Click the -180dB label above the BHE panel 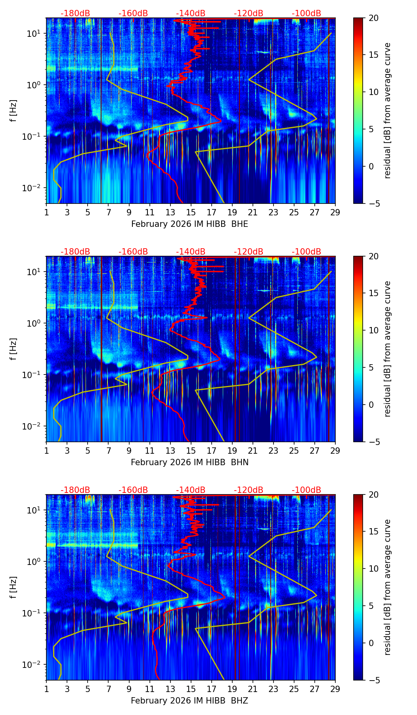[x=75, y=13]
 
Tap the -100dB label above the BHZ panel [x=306, y=490]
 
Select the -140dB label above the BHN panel [x=191, y=252]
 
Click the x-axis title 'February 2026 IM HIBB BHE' [x=189, y=224]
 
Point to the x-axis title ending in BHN [x=189, y=462]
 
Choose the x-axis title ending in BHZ [x=189, y=701]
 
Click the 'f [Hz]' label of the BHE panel [x=13, y=111]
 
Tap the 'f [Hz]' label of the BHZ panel [x=13, y=588]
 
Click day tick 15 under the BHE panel [x=191, y=212]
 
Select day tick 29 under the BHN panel [x=335, y=450]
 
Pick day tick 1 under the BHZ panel [x=47, y=688]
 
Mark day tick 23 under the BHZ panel [x=274, y=688]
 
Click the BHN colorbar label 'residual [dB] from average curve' [x=388, y=349]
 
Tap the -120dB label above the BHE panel [x=249, y=13]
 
